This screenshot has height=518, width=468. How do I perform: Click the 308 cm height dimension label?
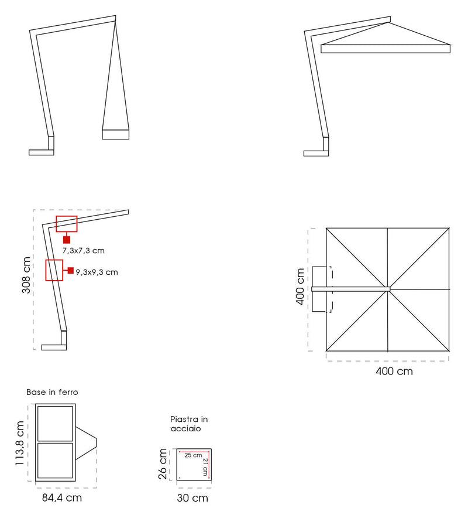pos(26,275)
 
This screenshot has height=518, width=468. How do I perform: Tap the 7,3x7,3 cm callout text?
pos(84,251)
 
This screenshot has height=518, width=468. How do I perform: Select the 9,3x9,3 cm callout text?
pos(97,272)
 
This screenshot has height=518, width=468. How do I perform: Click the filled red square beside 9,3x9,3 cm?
pos(71,271)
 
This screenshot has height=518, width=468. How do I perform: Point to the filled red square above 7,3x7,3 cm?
pos(67,240)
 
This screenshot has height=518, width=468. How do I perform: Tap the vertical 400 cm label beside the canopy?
pos(300,287)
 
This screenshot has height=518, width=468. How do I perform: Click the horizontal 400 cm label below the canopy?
pos(394,372)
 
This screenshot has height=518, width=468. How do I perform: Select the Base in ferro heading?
pos(52,392)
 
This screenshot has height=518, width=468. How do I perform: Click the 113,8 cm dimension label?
pos(20,443)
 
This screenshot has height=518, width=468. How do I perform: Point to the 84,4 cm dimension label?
pos(62,498)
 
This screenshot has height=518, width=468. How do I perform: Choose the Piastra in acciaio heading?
pos(189,424)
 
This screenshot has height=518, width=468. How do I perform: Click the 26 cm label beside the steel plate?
pos(163,464)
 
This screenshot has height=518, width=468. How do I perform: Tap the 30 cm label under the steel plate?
pos(192,498)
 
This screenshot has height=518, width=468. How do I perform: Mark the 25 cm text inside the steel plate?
pos(193,455)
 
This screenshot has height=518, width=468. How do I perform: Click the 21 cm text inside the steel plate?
pos(205,467)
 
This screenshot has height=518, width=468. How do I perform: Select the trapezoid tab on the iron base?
pos(86,443)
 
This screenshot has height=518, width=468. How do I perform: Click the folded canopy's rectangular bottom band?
pos(115,134)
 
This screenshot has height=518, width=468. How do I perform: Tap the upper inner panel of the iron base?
pos(55,424)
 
